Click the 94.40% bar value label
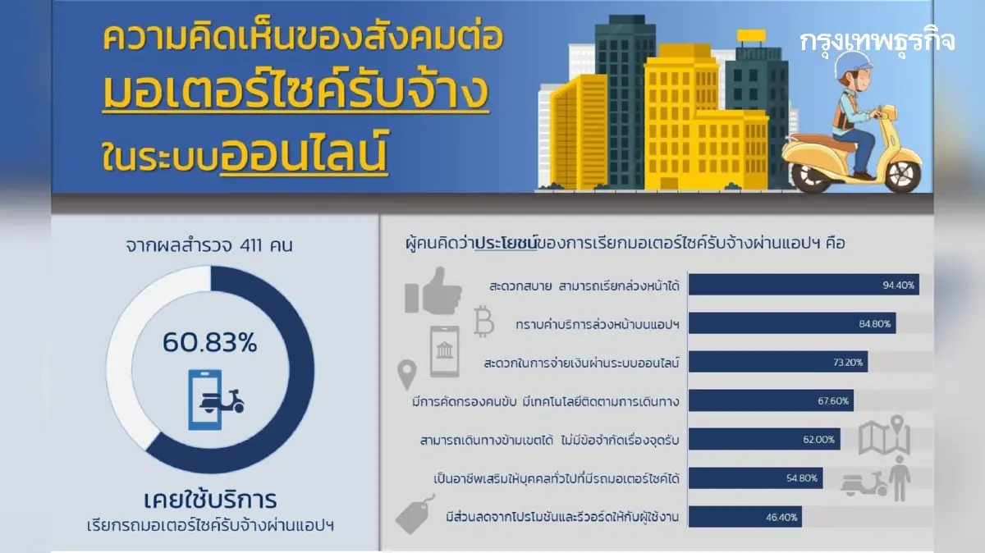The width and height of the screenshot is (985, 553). pos(898,286)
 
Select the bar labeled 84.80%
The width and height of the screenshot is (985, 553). pos(792,323)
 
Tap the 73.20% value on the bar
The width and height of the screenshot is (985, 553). pos(848,362)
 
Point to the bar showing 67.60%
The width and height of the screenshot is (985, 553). pos(771,400)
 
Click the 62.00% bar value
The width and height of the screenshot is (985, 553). pos(818,439)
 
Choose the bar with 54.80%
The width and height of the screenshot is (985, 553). pos(755,478)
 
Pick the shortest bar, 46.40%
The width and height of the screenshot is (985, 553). pos(745,517)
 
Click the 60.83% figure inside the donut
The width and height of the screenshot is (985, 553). pos(210,342)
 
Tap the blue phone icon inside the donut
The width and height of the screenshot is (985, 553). pos(205,400)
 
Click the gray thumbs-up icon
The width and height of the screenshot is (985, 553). pos(433,291)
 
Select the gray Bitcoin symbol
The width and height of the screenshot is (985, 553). pos(483,321)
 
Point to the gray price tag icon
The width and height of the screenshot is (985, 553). pos(415,514)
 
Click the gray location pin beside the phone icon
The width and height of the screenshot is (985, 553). pos(407,374)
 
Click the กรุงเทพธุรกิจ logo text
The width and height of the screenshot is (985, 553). pos(877,42)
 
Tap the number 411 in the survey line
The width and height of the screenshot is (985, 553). pos(250,245)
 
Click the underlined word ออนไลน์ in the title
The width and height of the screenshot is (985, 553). pos(304,152)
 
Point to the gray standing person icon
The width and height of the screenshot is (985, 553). pos(900,478)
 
